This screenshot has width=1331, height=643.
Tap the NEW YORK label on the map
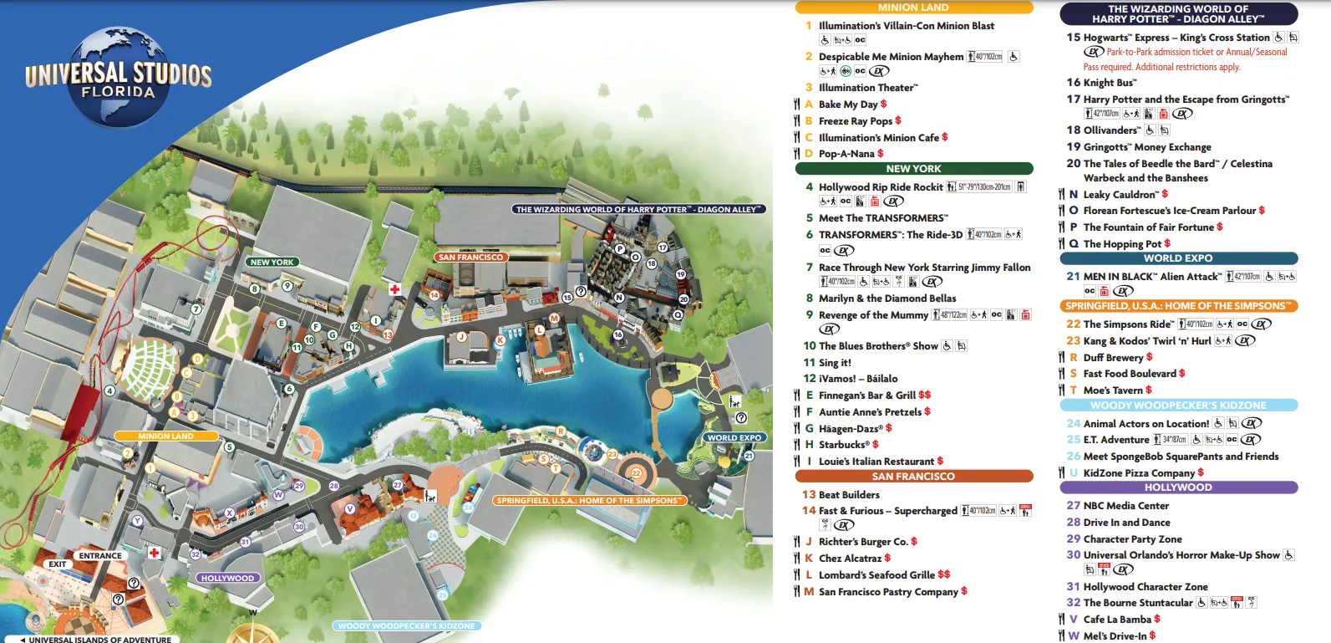point(272,262)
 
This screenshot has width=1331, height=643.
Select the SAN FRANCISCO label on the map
point(470,257)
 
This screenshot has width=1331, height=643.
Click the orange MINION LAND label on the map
point(165,436)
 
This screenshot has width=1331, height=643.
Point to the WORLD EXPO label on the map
point(734,437)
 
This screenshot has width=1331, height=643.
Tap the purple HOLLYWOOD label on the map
point(227,578)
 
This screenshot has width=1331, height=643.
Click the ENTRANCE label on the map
point(100,555)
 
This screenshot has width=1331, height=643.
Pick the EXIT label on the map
point(57,564)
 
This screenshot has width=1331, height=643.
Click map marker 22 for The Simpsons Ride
point(636,473)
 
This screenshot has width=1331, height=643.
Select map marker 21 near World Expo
point(749,456)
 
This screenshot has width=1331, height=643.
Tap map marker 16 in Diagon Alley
point(618,334)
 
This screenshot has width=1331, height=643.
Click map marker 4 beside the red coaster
point(109,390)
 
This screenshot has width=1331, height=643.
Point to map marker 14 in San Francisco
point(434,295)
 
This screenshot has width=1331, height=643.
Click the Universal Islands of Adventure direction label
point(95,640)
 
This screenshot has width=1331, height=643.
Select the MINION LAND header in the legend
point(913,8)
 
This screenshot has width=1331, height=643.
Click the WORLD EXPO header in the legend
point(1178,258)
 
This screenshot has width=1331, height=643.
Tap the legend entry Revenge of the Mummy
point(873,315)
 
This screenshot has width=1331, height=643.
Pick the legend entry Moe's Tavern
point(1112,390)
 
